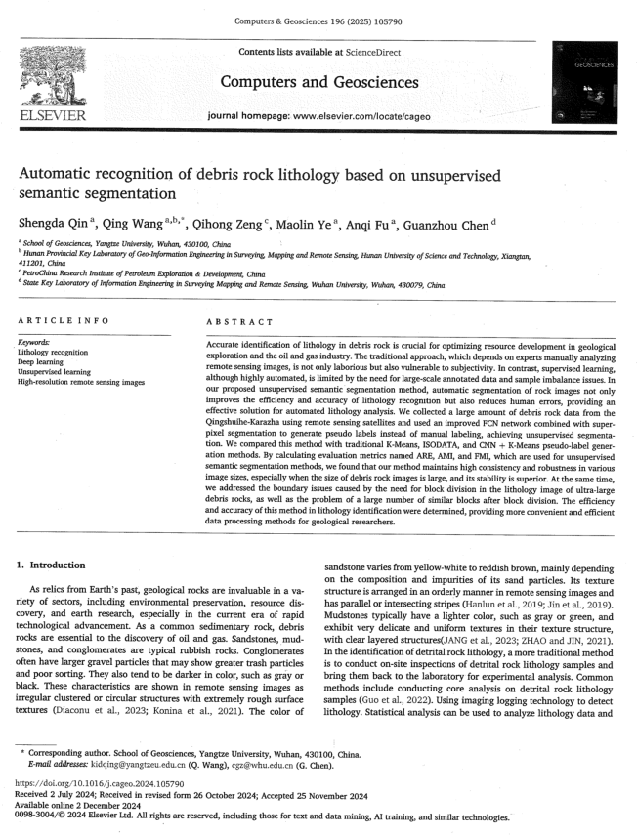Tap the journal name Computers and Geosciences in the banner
click(x=318, y=81)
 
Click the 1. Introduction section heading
click(x=53, y=565)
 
